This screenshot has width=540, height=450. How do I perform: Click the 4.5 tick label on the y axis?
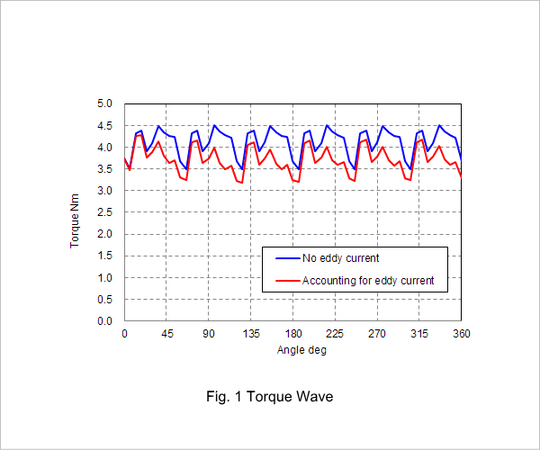pyautogui.click(x=104, y=126)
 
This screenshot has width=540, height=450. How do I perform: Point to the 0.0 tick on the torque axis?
pyautogui.click(x=104, y=321)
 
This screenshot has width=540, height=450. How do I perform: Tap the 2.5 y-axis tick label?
pyautogui.click(x=104, y=212)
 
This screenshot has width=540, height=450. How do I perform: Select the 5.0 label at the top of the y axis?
pyautogui.click(x=104, y=103)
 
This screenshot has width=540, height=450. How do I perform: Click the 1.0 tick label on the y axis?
pyautogui.click(x=104, y=278)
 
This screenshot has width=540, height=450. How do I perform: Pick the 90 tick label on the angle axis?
pyautogui.click(x=209, y=334)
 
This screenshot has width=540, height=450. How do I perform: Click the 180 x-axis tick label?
pyautogui.click(x=293, y=334)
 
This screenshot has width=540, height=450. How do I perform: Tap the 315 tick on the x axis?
pyautogui.click(x=419, y=334)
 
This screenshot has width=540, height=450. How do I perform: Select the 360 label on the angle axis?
pyautogui.click(x=462, y=334)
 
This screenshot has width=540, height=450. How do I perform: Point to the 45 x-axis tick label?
pyautogui.click(x=166, y=334)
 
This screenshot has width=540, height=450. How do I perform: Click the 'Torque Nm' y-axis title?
pyautogui.click(x=75, y=220)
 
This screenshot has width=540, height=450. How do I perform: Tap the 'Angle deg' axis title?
pyautogui.click(x=301, y=350)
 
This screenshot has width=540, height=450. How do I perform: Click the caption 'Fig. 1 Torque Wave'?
pyautogui.click(x=270, y=397)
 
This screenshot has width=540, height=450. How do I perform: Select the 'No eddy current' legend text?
pyautogui.click(x=340, y=258)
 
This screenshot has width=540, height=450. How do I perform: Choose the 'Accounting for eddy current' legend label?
pyautogui.click(x=368, y=281)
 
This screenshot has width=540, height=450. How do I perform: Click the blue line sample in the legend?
pyautogui.click(x=288, y=258)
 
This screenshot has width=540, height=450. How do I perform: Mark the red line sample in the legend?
pyautogui.click(x=288, y=281)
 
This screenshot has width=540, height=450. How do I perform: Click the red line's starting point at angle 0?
pyautogui.click(x=125, y=158)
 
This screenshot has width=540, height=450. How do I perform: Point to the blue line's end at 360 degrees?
pyautogui.click(x=461, y=161)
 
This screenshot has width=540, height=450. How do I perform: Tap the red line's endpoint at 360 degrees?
pyautogui.click(x=461, y=177)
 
